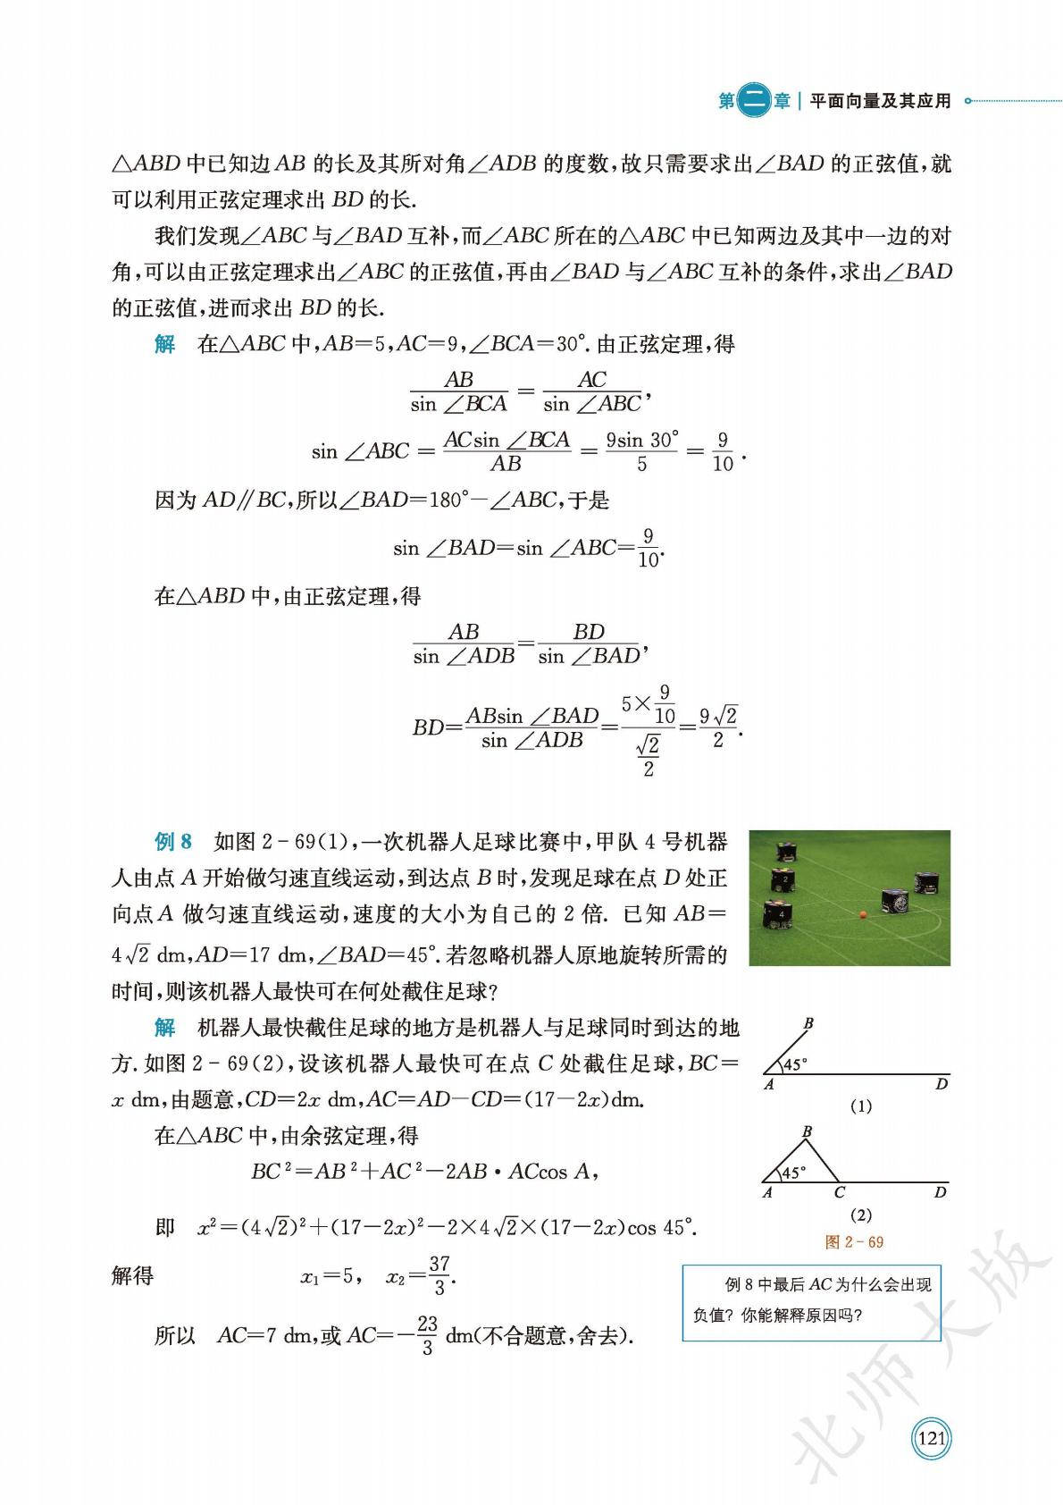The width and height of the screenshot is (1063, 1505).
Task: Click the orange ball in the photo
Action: pos(863,914)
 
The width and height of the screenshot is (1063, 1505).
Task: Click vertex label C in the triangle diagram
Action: pos(840,1192)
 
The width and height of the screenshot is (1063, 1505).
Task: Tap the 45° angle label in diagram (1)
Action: pos(794,1064)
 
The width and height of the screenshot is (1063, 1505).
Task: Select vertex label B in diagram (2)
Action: pos(808,1132)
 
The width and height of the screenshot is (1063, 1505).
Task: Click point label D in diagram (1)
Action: pos(942,1085)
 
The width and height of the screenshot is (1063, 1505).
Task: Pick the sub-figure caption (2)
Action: pos(861,1215)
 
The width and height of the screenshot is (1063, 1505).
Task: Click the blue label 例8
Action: pos(173,842)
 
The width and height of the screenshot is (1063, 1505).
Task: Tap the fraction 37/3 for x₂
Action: pos(439,1275)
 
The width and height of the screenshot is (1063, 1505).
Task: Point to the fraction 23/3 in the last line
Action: pos(427,1336)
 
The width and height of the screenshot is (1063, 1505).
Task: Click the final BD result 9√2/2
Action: pos(718,727)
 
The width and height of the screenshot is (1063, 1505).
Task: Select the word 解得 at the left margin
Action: pos(133,1276)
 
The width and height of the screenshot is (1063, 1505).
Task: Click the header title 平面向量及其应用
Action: pos(880,102)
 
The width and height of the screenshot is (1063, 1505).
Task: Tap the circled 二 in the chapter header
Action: pos(755,102)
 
